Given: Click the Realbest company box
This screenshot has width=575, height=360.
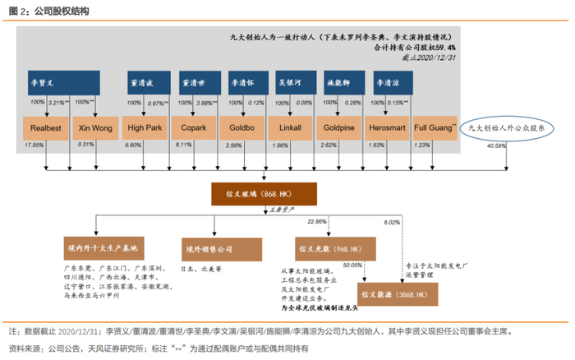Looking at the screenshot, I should coord(44,129).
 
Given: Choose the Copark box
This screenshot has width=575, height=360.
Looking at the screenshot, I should coord(194,129).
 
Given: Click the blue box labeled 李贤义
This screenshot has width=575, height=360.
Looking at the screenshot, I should coord(64,84).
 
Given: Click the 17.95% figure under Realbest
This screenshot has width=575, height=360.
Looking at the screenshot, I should coord(34,145).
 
